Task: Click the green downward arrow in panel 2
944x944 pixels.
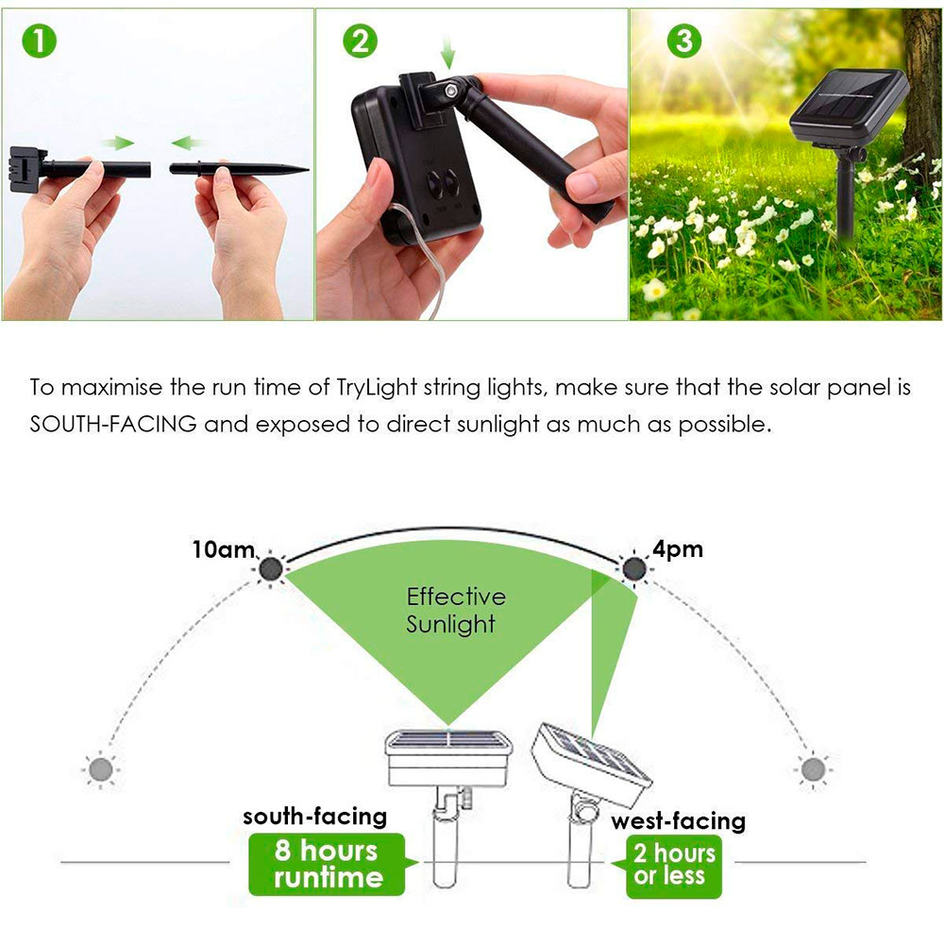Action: (447, 52)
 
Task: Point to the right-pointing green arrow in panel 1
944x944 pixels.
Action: (117, 143)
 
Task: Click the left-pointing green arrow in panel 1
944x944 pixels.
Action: (188, 143)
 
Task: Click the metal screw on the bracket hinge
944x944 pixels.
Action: (449, 91)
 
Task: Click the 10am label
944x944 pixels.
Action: (224, 549)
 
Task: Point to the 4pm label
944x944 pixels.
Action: (678, 549)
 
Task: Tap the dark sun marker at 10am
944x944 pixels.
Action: (271, 568)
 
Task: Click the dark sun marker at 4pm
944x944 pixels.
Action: (634, 568)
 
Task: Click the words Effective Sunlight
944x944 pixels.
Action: (456, 610)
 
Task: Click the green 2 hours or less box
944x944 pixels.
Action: (673, 866)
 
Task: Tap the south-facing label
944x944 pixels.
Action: (315, 817)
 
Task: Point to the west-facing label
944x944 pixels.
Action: (679, 821)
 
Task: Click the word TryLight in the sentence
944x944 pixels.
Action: (377, 387)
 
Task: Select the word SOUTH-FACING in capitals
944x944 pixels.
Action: (113, 424)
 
